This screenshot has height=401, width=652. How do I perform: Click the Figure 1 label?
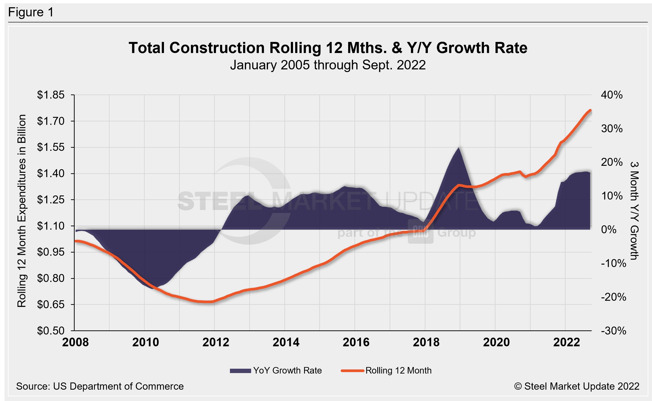pyautogui.click(x=31, y=12)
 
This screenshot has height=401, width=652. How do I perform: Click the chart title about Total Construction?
pyautogui.click(x=328, y=48)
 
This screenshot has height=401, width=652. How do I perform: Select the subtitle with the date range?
pyautogui.click(x=328, y=65)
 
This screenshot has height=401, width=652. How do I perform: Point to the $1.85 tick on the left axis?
pyautogui.click(x=51, y=95)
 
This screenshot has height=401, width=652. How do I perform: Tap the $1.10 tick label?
pyautogui.click(x=51, y=226)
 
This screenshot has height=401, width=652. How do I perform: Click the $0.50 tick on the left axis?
pyautogui.click(x=51, y=331)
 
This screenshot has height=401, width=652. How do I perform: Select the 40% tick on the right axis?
pyautogui.click(x=612, y=95)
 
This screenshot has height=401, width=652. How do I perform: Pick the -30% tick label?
pyautogui.click(x=613, y=331)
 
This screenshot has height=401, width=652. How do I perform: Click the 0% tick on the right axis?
pyautogui.click(x=609, y=230)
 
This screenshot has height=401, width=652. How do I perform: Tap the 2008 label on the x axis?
pyautogui.click(x=76, y=342)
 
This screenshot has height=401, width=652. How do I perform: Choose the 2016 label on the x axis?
pyautogui.click(x=356, y=342)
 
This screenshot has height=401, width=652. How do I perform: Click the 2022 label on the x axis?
pyautogui.click(x=567, y=342)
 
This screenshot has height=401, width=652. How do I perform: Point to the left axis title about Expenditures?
pyautogui.click(x=22, y=211)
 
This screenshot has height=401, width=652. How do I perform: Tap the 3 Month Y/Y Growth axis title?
pyautogui.click(x=634, y=211)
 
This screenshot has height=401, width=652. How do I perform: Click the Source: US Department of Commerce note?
pyautogui.click(x=100, y=386)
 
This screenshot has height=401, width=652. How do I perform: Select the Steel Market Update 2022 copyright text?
pyautogui.click(x=577, y=386)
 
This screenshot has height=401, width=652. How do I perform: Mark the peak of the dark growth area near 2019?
pyautogui.click(x=459, y=147)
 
